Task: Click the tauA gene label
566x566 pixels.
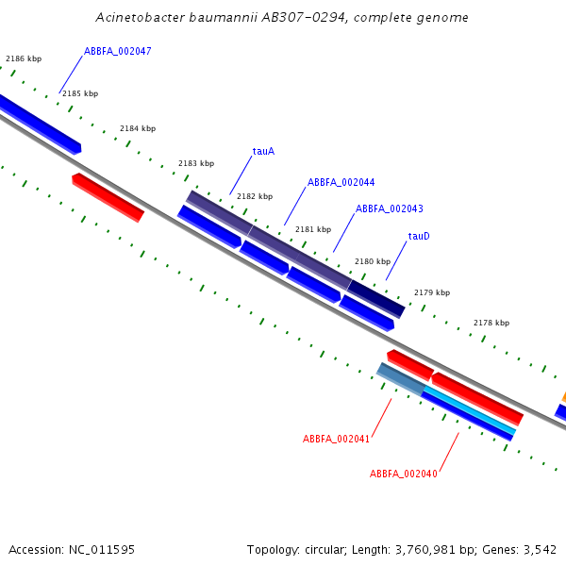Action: click(263, 151)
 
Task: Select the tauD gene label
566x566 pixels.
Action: click(419, 236)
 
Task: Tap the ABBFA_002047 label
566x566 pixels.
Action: click(118, 51)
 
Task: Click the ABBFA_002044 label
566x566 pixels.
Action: click(341, 182)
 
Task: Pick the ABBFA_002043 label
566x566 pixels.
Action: click(390, 208)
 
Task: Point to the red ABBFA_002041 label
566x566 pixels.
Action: click(336, 439)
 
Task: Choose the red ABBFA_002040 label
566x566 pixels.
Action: click(404, 474)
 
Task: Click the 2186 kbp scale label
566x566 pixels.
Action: click(24, 58)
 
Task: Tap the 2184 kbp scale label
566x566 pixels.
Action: click(138, 128)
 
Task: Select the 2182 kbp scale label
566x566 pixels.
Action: click(255, 196)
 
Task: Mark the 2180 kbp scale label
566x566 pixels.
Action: click(373, 261)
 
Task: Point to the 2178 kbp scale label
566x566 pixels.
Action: click(491, 323)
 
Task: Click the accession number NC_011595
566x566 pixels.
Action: click(102, 550)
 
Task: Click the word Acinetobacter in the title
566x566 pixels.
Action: click(140, 17)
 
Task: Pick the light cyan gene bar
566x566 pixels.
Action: click(470, 409)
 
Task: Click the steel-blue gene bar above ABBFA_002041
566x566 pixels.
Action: click(401, 379)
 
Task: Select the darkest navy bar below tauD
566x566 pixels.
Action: click(376, 299)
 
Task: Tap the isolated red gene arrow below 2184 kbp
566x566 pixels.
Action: click(108, 197)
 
